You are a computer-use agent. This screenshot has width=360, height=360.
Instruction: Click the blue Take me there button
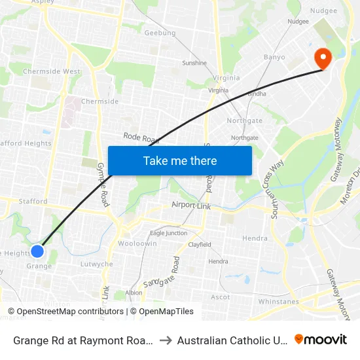(179, 160)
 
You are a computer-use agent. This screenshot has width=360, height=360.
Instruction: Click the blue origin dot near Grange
(37, 251)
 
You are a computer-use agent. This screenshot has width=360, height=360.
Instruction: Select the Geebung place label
(160, 33)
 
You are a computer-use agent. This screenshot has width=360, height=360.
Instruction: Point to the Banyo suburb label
(274, 57)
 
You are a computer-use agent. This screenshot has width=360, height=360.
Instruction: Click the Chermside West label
(52, 71)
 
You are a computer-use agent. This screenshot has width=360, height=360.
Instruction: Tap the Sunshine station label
(194, 63)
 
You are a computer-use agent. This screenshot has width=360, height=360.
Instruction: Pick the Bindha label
(257, 94)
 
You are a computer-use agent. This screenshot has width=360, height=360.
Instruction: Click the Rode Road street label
(141, 138)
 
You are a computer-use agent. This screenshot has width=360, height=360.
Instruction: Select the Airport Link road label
(191, 205)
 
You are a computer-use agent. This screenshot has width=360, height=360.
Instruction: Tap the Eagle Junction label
(168, 233)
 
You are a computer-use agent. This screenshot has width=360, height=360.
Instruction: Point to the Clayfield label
(200, 245)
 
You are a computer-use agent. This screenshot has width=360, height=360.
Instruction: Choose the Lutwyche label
(96, 264)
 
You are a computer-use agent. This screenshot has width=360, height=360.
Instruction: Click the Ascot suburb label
(221, 297)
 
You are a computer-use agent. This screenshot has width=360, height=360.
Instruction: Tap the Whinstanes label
(278, 302)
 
